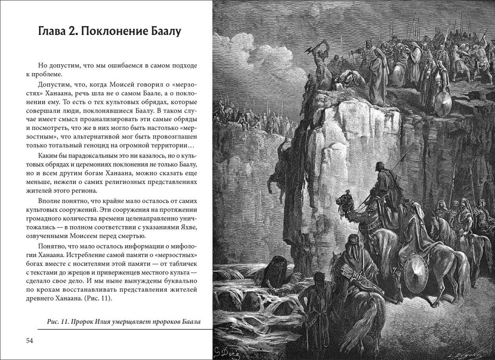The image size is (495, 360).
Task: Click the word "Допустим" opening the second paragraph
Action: (53, 85)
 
